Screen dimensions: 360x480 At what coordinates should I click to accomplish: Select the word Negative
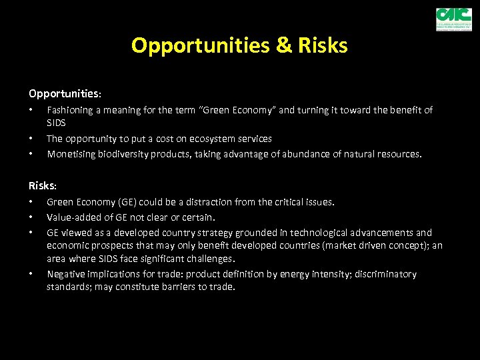coord(65,274)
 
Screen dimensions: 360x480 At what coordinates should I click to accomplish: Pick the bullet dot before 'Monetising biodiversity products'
coord(31,154)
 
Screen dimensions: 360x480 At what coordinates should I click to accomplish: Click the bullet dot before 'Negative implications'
coord(31,275)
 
